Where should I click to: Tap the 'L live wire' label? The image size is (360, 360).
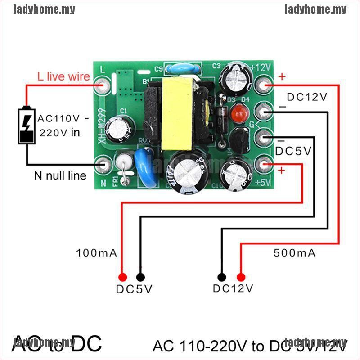point(63,76)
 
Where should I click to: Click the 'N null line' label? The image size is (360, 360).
point(60,175)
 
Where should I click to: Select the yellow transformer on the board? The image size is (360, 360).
point(174,113)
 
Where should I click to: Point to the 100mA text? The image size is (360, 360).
point(97,253)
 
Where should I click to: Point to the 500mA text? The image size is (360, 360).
point(295,253)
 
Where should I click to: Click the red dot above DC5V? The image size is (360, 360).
point(122,277)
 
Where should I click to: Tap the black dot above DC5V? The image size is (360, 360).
point(140,277)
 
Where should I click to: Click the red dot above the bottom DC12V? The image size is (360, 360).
point(241,277)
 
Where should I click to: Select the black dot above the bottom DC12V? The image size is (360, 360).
point(222,277)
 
